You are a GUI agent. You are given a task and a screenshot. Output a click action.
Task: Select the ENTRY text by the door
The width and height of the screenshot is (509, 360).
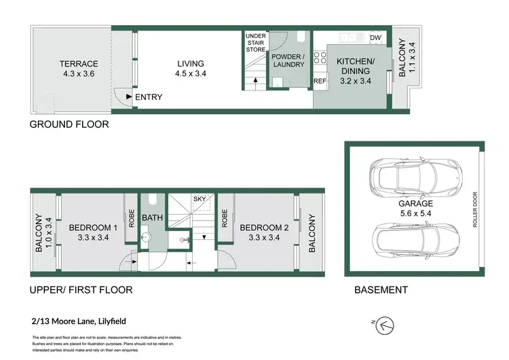coord(149,97)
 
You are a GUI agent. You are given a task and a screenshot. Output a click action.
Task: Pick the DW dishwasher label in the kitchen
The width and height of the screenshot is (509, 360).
coord(375,37)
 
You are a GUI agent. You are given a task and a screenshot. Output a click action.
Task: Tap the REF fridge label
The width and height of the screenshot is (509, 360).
coord(320,81)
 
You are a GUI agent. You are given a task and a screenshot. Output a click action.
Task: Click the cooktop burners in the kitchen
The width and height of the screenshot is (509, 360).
coord(319,58)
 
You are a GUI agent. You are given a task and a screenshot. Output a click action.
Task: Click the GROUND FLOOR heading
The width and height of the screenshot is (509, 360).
coord(69,125)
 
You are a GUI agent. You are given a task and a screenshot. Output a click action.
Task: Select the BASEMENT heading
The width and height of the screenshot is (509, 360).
coord(381,290)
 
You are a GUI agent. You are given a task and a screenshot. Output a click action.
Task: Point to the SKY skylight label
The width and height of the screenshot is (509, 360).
coord(200,199)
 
